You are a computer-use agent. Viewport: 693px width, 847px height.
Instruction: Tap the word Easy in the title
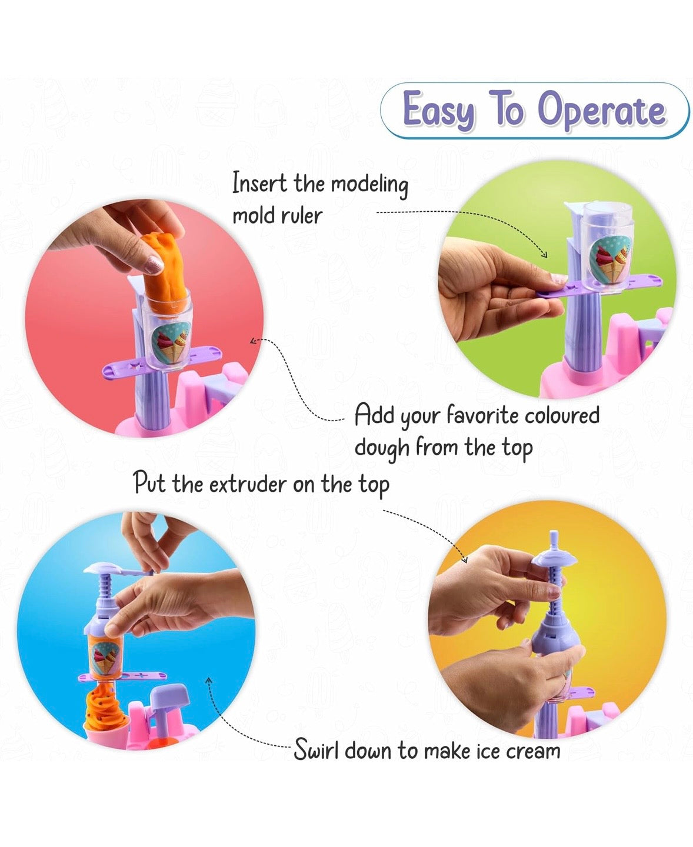[x=438, y=111]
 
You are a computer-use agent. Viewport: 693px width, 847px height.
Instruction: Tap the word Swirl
[x=316, y=751]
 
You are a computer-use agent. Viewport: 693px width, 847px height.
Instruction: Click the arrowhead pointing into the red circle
[x=253, y=341]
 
